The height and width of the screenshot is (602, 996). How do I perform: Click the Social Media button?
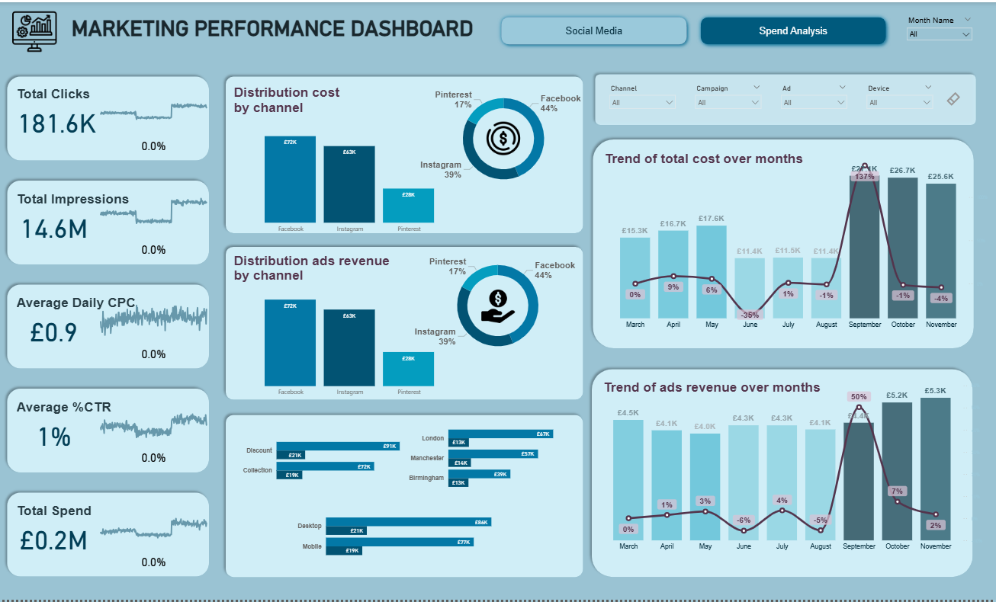(x=594, y=31)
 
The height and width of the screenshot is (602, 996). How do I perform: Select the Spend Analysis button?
(x=793, y=31)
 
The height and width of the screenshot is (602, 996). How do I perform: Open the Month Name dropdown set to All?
(x=939, y=34)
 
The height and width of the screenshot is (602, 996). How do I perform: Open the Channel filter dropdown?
(x=643, y=102)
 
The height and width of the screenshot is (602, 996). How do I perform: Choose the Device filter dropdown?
(x=900, y=102)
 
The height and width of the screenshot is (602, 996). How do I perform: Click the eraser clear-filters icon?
(x=953, y=99)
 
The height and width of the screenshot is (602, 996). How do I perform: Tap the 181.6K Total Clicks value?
(x=57, y=123)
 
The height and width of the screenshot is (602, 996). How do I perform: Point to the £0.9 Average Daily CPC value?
(x=53, y=332)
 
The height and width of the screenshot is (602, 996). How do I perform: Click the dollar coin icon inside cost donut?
(x=503, y=139)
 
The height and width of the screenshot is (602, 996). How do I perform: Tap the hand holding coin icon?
(x=498, y=306)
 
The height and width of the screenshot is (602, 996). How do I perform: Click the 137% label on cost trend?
(x=864, y=176)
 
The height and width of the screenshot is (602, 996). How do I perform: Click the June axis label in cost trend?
(x=750, y=325)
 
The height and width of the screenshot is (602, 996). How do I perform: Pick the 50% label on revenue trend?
(x=859, y=396)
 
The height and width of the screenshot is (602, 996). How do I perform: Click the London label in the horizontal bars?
(x=432, y=438)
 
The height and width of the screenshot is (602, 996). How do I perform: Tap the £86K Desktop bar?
(x=408, y=522)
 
